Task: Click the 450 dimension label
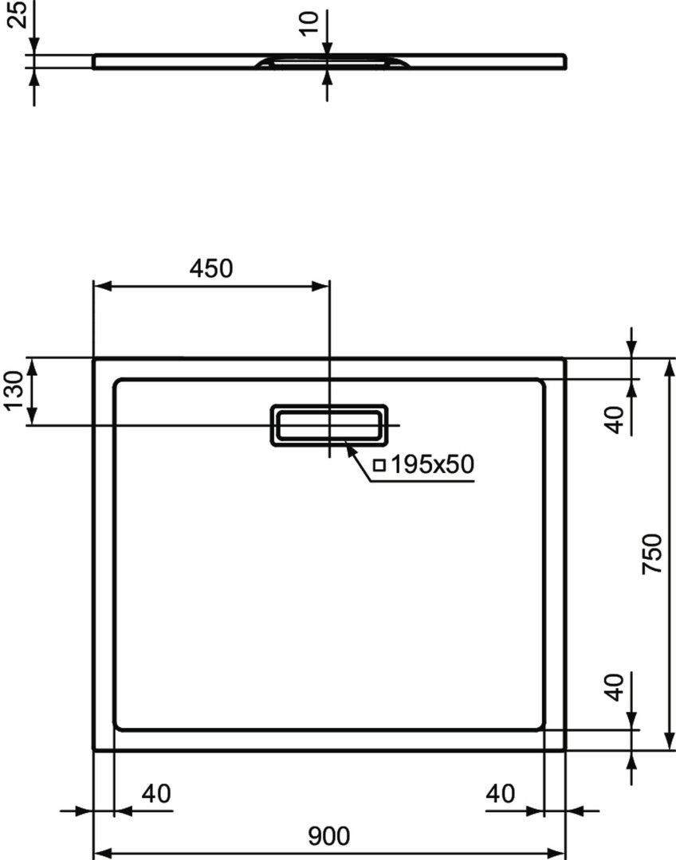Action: [x=211, y=268]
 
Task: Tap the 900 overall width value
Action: [x=328, y=836]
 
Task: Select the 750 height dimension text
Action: [x=653, y=553]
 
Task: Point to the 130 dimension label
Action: [x=14, y=390]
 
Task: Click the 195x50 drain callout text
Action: [x=431, y=465]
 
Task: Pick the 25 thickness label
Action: [x=18, y=15]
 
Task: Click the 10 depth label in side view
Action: [x=310, y=23]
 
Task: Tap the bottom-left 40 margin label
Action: [x=156, y=794]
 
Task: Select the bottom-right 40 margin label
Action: [x=501, y=794]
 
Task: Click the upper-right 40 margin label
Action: [x=615, y=420]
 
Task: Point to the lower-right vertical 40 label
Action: [x=615, y=686]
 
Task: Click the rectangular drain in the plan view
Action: [x=329, y=406]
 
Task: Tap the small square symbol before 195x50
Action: [x=379, y=466]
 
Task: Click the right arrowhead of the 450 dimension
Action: [x=320, y=286]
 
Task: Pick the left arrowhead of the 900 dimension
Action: [x=104, y=854]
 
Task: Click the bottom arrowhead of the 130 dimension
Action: [x=32, y=415]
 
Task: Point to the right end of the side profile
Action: [x=565, y=61]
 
